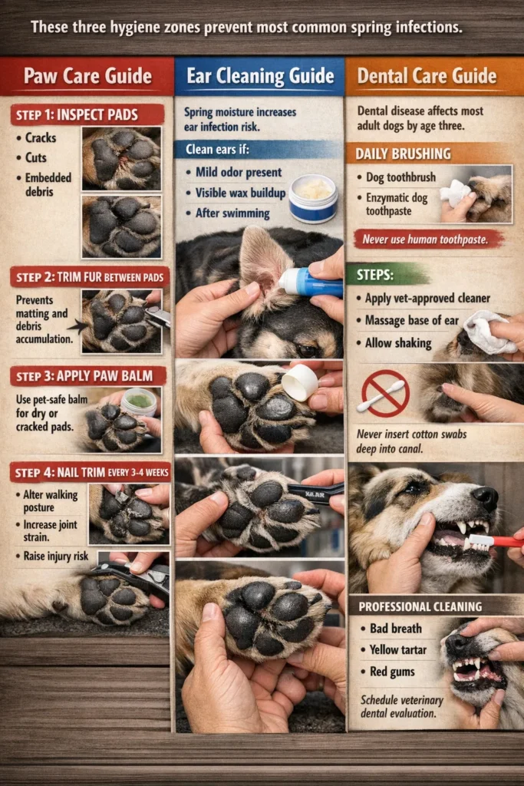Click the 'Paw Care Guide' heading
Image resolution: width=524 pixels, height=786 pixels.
pos(87,77)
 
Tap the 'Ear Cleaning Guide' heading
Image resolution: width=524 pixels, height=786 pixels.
pos(259,76)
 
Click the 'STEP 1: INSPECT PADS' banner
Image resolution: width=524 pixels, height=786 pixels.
pos(86,115)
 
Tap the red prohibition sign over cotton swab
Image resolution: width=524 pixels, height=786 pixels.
pos(385,393)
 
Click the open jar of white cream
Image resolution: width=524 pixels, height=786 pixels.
pos(313,196)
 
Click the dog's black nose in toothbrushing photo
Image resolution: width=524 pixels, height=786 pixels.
pos(485,498)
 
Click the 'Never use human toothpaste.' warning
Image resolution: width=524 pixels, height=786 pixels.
pos(428,239)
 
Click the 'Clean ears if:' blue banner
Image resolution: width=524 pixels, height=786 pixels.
pos(218,150)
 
